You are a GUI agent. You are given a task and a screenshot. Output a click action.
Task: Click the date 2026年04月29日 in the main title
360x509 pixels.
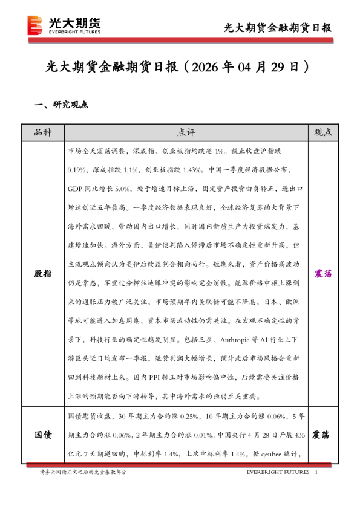[250, 66]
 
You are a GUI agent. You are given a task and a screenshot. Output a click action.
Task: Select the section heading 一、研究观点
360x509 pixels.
[62, 104]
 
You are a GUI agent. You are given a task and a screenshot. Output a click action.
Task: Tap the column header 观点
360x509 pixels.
[324, 132]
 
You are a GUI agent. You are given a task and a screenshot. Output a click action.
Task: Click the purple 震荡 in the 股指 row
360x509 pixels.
[324, 274]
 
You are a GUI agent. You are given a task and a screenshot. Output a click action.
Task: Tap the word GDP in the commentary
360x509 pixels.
[76, 189]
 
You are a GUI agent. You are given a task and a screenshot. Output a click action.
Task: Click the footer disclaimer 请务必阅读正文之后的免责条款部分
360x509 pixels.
[83, 472]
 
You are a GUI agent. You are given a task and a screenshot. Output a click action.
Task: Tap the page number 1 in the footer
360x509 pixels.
[316, 472]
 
